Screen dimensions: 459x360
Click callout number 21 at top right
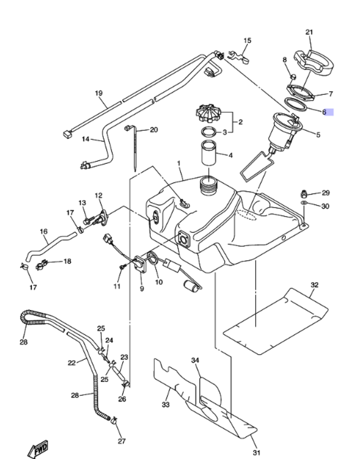pyautogui.click(x=309, y=32)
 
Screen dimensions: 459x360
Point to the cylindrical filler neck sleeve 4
pyautogui.click(x=208, y=153)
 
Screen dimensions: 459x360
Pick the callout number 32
pyautogui.click(x=314, y=285)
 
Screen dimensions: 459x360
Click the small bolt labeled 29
pyautogui.click(x=304, y=194)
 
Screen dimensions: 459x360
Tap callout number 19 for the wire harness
pyautogui.click(x=99, y=93)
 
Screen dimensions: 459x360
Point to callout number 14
pyautogui.click(x=86, y=139)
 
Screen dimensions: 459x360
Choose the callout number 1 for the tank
pyautogui.click(x=179, y=163)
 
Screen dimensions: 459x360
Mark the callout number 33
pyautogui.click(x=165, y=405)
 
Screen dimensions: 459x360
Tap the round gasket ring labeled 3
pyautogui.click(x=208, y=132)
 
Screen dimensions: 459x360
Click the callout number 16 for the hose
pyautogui.click(x=44, y=231)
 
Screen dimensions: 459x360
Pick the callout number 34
pyautogui.click(x=195, y=360)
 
